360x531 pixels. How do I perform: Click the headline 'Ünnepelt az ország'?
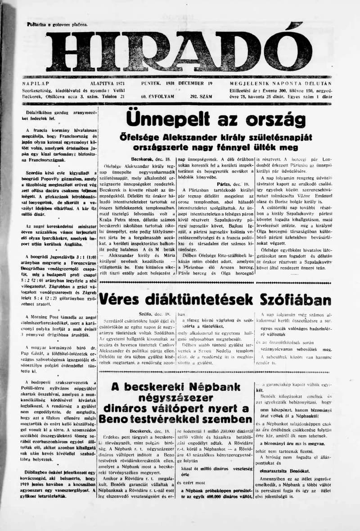[216, 119]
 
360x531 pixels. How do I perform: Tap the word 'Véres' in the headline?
[118, 300]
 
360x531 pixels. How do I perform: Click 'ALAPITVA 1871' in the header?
[91, 84]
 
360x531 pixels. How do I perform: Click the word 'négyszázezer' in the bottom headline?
[175, 398]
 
